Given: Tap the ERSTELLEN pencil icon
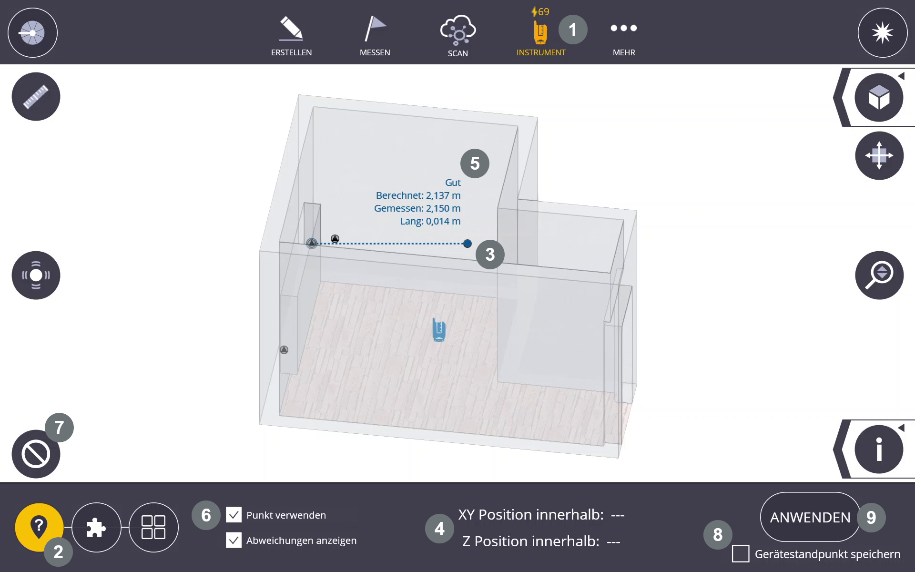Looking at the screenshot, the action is pos(291,29).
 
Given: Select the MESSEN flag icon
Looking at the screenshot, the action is pos(375,29).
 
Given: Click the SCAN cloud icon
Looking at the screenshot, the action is pos(458,30).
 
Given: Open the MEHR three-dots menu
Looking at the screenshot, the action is pos(624,28).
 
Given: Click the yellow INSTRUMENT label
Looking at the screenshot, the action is pos(541,52).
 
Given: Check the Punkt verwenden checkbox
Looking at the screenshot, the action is pos(234,515).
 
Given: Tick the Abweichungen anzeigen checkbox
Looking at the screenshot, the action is pos(234,540).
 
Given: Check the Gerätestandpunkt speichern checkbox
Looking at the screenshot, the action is pos(741,554).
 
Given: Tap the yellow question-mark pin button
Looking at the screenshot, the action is pos(39,527).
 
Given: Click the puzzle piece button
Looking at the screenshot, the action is pos(96,527).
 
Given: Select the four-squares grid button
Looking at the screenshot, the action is pos(153,527).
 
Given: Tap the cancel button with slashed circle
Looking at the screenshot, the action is pos(36,454).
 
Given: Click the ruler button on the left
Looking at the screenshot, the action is pos(36,96).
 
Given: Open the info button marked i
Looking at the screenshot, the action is pos(879,449).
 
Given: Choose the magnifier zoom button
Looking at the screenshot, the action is pos(879,275).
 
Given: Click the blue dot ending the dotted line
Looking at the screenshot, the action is pos(468,244).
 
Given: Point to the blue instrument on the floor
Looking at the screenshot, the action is pos(439,329).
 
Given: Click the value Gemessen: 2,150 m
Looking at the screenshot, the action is pos(417,208).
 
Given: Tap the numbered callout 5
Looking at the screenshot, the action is pos(475,163).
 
